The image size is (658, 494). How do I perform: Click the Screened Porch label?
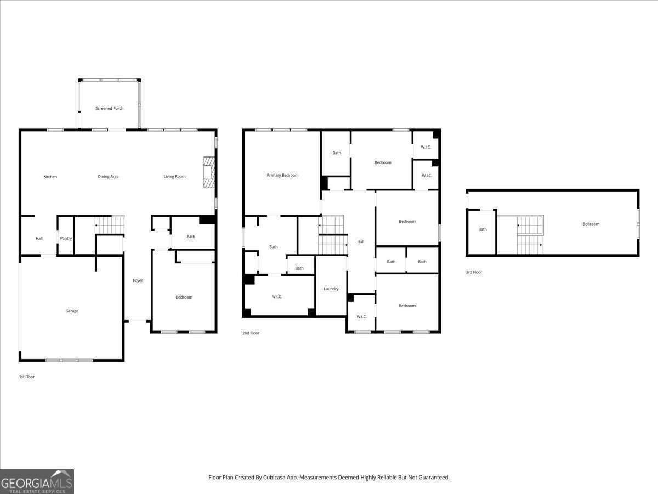pos(110,109)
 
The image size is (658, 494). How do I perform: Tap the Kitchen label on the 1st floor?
pos(50,177)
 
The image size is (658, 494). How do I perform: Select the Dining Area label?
pos(108,177)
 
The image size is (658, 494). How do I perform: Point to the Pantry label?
pos(66,238)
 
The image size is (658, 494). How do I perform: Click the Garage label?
pos(72,311)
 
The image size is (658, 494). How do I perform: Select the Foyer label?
pos(138,280)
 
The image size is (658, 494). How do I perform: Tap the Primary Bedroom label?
pos(282,175)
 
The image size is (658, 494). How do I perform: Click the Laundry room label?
pos(331,289)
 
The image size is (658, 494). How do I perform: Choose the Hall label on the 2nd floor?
pos(361,242)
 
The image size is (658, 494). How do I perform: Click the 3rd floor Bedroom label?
pos(591,224)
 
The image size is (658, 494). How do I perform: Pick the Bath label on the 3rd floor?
pos(483,229)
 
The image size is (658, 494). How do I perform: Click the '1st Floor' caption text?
pos(27,377)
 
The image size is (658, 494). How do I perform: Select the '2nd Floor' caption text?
pos(251,333)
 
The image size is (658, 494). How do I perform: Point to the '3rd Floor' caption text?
pos(474,272)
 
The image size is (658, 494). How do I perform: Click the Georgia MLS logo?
pos(37,482)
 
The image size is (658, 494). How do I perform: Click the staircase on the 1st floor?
pos(110,224)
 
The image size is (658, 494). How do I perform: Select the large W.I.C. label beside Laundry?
pos(277,297)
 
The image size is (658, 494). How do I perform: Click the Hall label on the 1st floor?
pos(39,238)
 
